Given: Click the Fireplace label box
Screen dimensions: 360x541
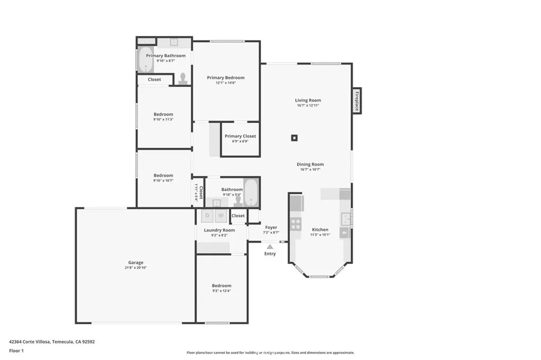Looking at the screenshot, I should pos(357,100).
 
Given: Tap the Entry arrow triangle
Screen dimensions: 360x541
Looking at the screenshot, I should pos(270,246).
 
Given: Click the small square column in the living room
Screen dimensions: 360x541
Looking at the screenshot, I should pos(294,138).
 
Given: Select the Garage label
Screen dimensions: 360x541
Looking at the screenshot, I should pos(136,262).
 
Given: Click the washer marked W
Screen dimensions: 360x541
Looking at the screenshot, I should pos(221,215).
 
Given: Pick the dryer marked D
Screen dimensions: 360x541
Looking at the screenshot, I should pos(207,215).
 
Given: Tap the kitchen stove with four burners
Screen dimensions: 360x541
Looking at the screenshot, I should pos(296,224).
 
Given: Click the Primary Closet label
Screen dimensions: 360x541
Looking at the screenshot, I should pos(240,136).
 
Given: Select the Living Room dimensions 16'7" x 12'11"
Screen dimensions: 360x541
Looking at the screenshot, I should pos(308,106).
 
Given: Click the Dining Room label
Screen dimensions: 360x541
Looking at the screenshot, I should pos(310,164).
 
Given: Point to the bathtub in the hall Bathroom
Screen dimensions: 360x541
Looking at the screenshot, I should pos(251,194).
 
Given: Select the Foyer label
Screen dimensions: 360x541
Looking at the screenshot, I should pos(271,228).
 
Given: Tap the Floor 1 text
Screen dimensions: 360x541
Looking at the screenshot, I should pos(16,350).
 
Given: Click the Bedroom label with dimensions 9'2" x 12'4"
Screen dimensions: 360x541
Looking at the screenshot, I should pos(222,286).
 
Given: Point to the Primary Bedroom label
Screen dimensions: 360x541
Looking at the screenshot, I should pos(226,78).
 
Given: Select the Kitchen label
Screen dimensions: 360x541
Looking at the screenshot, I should pos(320,230).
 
